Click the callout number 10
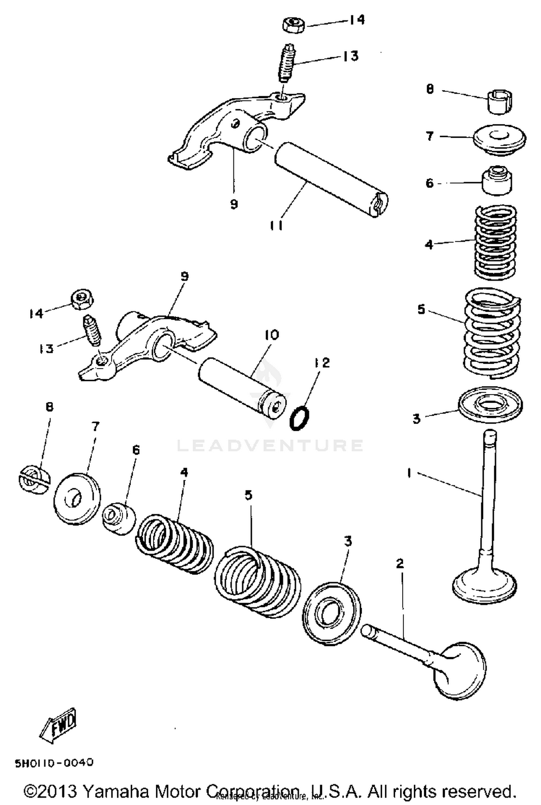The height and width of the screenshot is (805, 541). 272,335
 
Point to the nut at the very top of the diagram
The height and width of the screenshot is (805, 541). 294,26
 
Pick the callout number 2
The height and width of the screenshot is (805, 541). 400,563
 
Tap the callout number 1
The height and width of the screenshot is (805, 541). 409,473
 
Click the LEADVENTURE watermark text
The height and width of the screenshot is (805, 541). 270,445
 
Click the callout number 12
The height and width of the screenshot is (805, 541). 322,363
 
